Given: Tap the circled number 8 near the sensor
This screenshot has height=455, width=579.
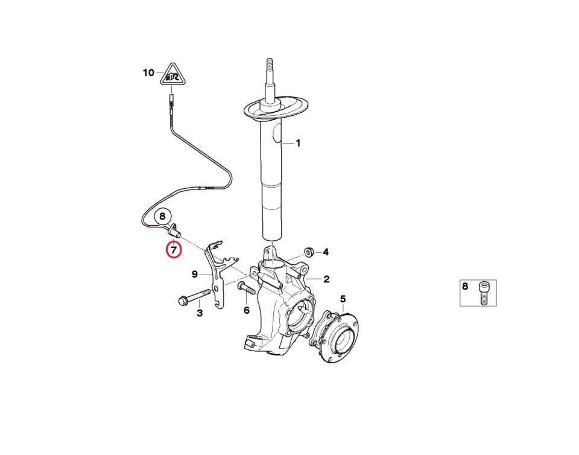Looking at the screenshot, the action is coord(162,217).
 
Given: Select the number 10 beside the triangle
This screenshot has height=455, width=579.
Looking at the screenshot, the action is coord(148,73).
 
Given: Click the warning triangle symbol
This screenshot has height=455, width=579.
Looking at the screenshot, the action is coord(173,74).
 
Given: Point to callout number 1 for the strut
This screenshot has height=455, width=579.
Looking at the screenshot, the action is coord(297,143).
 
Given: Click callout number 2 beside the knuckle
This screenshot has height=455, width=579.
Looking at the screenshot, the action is coord(326,279).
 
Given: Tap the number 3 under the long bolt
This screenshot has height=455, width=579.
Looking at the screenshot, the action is coord(200,314).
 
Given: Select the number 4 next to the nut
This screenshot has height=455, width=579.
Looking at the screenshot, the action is coord(325,252).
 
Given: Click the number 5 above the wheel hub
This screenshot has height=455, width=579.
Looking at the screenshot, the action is coord(343,299).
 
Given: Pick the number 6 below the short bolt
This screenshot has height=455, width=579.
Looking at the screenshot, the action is coord(247,310).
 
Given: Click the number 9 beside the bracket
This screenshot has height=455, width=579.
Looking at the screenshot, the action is coord(195,275).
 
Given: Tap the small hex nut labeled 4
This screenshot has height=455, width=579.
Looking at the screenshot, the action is coord(309,252).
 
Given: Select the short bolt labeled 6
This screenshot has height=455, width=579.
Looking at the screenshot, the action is coord(247,287).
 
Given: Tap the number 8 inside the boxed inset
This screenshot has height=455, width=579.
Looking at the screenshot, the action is coord(465,286).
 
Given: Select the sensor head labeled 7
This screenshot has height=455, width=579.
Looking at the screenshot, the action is coord(174,231).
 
